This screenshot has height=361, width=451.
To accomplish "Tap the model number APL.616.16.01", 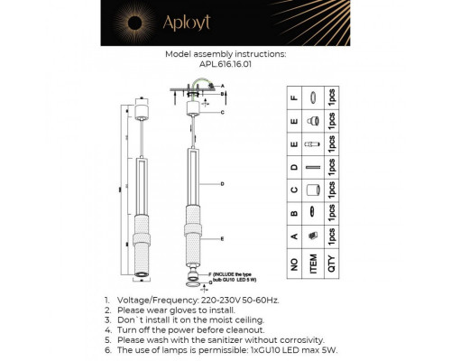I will coord(225,64).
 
